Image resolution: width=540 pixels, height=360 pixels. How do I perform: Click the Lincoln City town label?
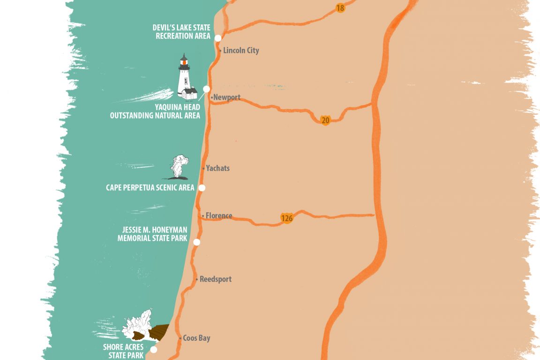click(241, 51)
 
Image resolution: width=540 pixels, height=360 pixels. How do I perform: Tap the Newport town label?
click(226, 97)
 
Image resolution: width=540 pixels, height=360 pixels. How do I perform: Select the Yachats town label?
click(217, 168)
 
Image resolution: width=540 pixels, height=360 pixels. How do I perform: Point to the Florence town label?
click(218, 216)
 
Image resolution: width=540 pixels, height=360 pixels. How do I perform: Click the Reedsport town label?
click(215, 279)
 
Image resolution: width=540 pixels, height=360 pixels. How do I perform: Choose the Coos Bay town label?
click(196, 338)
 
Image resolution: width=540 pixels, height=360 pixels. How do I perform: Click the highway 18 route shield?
click(340, 8)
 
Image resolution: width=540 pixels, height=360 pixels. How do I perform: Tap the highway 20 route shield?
click(325, 120)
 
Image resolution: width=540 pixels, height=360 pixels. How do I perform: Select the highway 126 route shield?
click(287, 218)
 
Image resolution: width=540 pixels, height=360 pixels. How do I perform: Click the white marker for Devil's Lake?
click(218, 37)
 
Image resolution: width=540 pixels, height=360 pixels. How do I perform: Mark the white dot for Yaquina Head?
click(206, 89)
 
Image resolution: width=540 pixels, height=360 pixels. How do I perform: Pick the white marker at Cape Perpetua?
click(202, 187)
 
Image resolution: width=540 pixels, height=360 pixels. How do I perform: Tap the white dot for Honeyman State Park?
click(197, 242)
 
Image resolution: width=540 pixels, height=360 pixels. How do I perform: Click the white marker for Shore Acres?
click(153, 349)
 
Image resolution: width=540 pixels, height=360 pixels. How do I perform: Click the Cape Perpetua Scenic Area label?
click(150, 188)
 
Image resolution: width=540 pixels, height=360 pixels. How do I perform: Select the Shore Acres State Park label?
click(123, 351)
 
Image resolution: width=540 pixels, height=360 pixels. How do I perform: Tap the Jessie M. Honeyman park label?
click(152, 233)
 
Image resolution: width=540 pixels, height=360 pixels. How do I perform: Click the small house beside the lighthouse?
click(189, 93)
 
